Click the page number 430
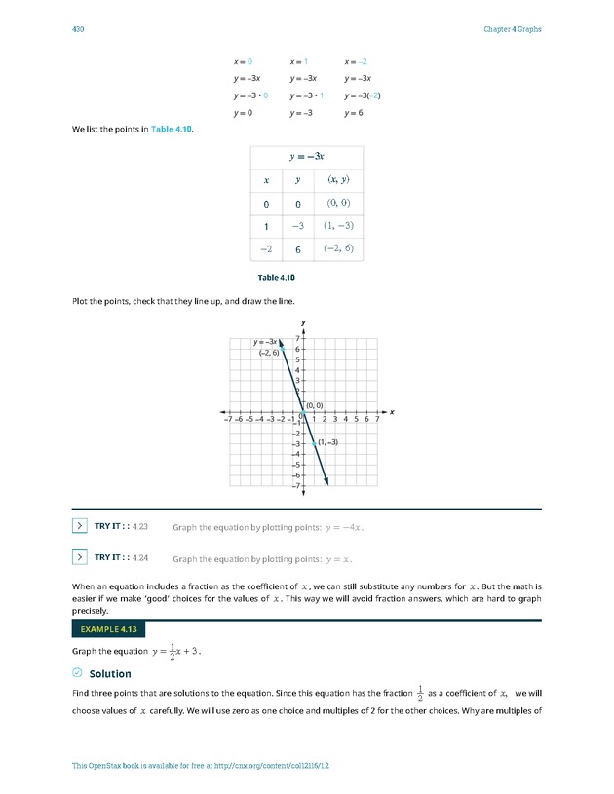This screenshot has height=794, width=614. click(x=79, y=29)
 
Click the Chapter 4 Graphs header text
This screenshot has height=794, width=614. click(x=512, y=29)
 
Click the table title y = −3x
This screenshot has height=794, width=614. click(x=307, y=156)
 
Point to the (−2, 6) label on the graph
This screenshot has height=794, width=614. click(x=269, y=352)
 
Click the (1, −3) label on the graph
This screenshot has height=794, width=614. click(x=328, y=442)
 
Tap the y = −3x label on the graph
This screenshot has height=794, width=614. click(x=265, y=342)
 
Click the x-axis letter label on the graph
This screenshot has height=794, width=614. click(x=392, y=412)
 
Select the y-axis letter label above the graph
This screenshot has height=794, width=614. click(x=304, y=322)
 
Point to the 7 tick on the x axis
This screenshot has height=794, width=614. click(x=377, y=420)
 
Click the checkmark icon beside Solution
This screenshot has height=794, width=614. click(x=78, y=673)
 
